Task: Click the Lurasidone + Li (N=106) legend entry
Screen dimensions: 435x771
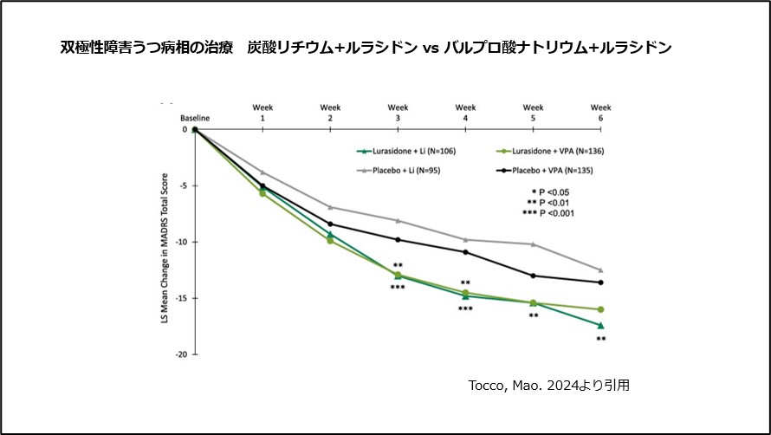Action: pyautogui.click(x=412, y=151)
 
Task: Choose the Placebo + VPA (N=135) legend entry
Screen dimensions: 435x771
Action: pyautogui.click(x=548, y=172)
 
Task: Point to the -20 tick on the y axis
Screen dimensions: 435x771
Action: pyautogui.click(x=183, y=354)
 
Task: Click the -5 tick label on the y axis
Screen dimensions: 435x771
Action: pyautogui.click(x=185, y=185)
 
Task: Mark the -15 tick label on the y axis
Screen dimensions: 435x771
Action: pyautogui.click(x=183, y=298)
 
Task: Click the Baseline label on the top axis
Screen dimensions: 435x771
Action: pyautogui.click(x=195, y=117)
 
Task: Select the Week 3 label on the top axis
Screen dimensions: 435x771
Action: pyautogui.click(x=398, y=112)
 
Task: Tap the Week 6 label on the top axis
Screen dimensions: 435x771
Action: pyautogui.click(x=600, y=112)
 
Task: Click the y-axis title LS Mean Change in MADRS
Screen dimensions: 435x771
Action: pyautogui.click(x=162, y=242)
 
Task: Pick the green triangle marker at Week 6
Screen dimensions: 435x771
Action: pyautogui.click(x=600, y=325)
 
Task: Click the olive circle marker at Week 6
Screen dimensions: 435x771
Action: pyautogui.click(x=600, y=309)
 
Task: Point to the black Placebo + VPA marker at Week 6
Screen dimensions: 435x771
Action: pyautogui.click(x=600, y=282)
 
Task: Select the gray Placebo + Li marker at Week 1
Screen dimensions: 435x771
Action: pyautogui.click(x=262, y=172)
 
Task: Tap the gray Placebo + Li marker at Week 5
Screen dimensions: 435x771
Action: pyautogui.click(x=534, y=244)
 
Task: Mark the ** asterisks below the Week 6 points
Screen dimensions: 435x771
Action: pyautogui.click(x=600, y=340)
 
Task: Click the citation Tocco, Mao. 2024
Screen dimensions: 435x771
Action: pyautogui.click(x=545, y=386)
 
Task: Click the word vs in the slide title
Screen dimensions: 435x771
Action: pyautogui.click(x=431, y=48)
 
